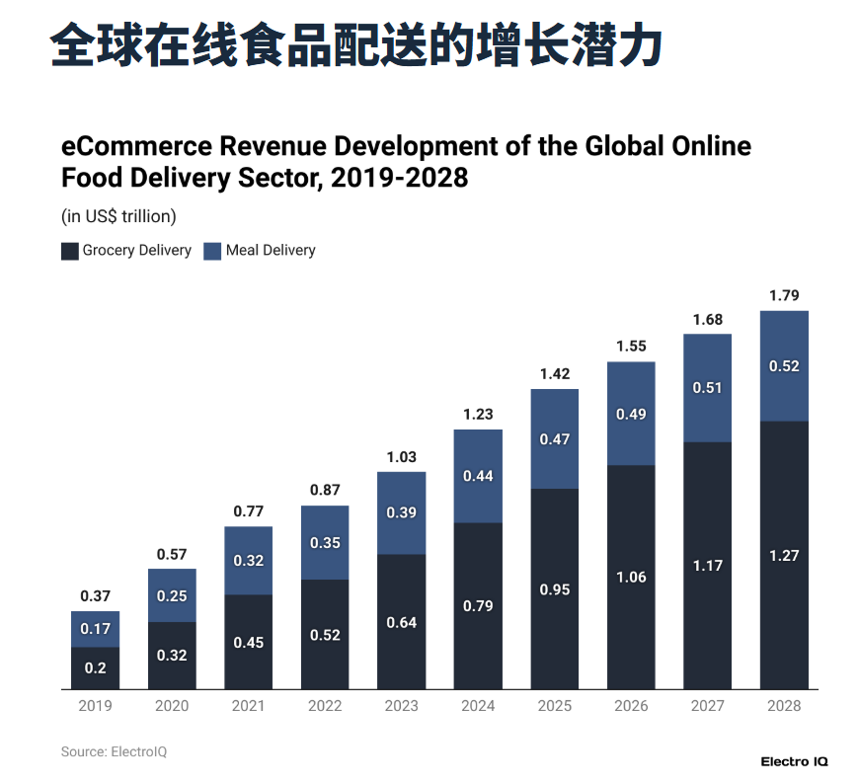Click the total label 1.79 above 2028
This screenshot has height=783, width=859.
pos(784,295)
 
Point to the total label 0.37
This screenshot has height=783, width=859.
pos(95,595)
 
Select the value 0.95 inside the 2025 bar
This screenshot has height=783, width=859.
pos(554,589)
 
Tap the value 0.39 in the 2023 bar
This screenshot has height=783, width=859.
pos(401,512)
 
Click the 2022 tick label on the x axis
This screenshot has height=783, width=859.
pos(325,706)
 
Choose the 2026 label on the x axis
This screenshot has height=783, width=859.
pos(631,706)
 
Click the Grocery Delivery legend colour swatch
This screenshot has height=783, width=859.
pos(70,251)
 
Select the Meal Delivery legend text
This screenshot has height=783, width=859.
pos(271,251)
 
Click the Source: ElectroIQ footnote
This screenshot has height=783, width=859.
pos(114,752)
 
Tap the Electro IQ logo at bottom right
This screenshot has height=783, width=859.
pos(794,761)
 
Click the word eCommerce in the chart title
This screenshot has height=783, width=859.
pos(135,147)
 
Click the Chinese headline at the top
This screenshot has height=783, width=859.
pos(355,44)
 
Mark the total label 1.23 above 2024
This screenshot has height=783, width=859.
pos(478,415)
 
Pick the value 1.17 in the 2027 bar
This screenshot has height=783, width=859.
pos(707,566)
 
